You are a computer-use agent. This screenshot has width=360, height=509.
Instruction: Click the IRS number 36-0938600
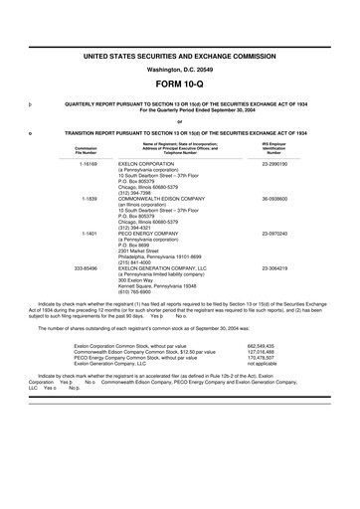274,199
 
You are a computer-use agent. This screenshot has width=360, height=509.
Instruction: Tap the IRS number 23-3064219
274,268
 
